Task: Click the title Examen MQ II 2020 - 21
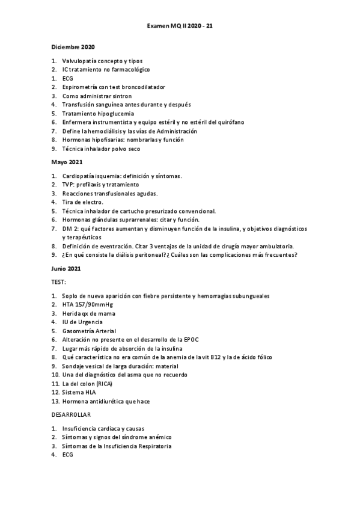(x=180, y=27)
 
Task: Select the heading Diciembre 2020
(x=73, y=46)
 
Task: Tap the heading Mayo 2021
(x=67, y=162)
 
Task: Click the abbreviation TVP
(x=68, y=185)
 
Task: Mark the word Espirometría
(x=82, y=87)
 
